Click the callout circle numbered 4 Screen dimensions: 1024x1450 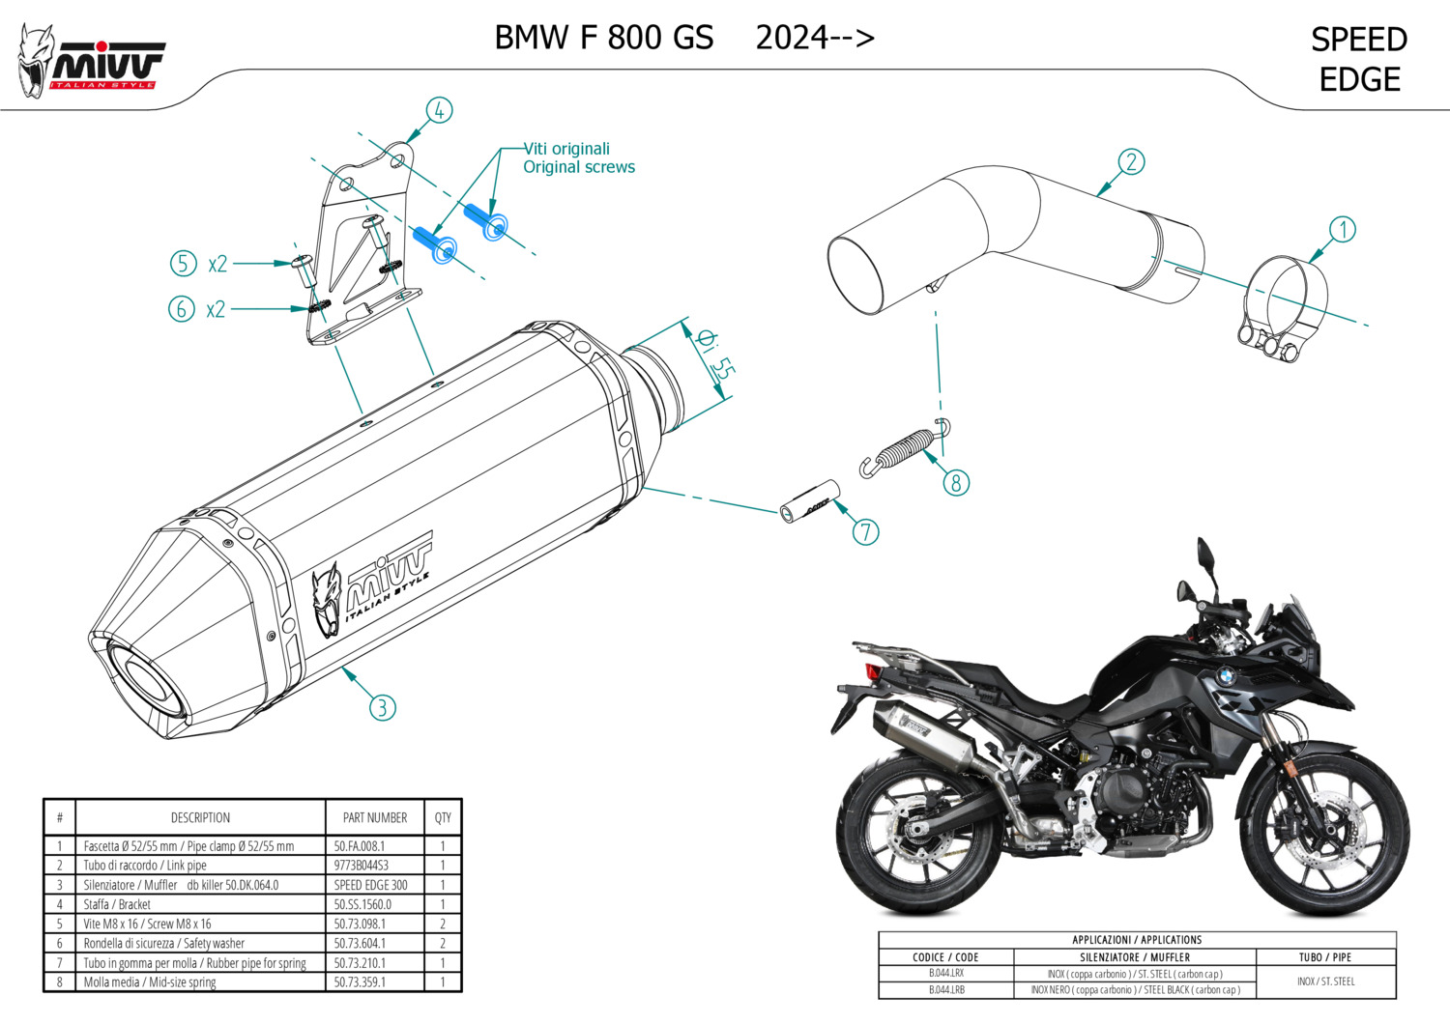coord(439,110)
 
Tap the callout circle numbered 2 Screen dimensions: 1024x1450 coord(1131,161)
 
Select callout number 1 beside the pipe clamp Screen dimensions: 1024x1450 coord(1342,230)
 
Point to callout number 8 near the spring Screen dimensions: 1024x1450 coord(956,482)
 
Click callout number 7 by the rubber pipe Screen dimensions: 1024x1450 coord(865,531)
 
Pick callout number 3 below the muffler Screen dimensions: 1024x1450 coord(382,707)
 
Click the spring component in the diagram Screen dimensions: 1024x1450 coord(904,447)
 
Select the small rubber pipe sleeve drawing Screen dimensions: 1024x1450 coord(805,501)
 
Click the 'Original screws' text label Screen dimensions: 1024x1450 coord(579,167)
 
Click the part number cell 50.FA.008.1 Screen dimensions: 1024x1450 coord(360,846)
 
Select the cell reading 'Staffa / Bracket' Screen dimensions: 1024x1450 coord(117,905)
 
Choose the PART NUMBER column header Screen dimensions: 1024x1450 coord(375,817)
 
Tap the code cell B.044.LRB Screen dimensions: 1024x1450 coord(946,990)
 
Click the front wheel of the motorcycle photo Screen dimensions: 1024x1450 coord(1324,831)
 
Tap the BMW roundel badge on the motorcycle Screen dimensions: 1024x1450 coord(1227,677)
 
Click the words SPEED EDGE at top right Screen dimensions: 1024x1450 coord(1359,59)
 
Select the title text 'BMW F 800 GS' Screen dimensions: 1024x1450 coord(604,38)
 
